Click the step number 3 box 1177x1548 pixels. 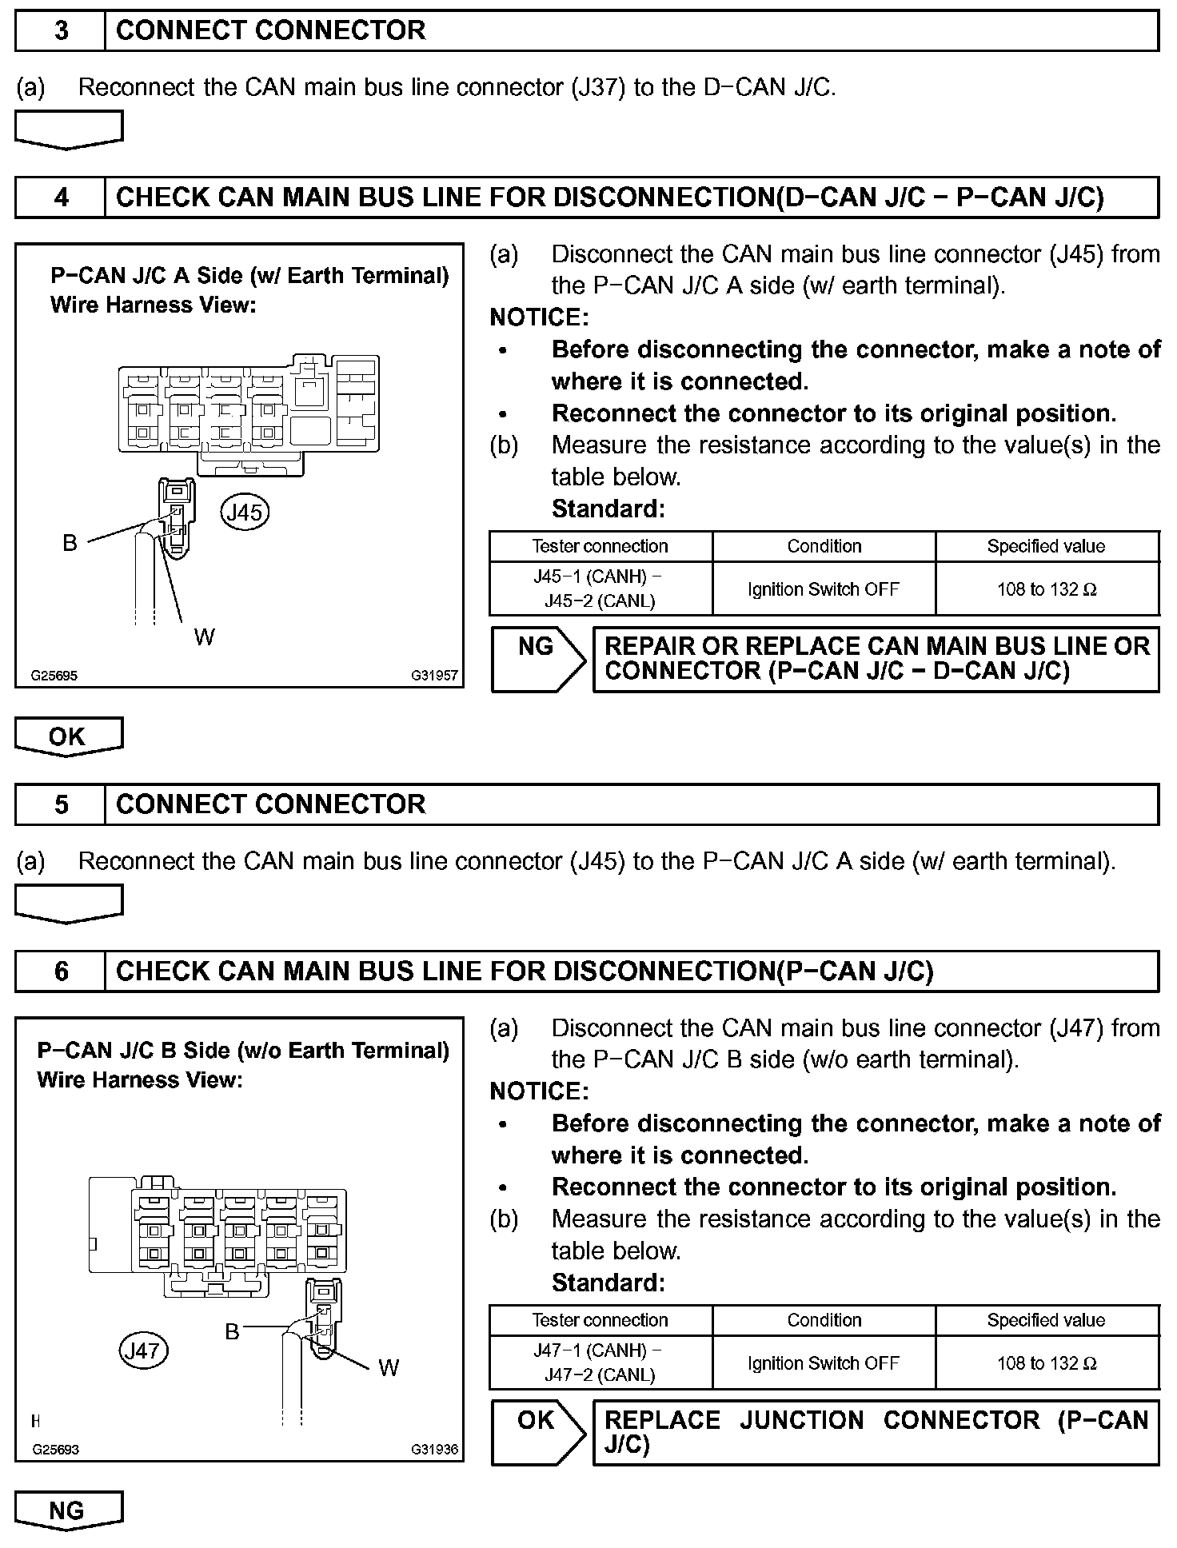[x=61, y=31]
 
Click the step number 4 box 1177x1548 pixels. [x=61, y=197]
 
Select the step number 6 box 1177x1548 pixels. [x=61, y=971]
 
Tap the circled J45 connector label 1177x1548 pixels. [x=245, y=512]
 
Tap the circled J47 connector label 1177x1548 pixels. [x=143, y=1351]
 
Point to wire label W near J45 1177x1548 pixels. [x=204, y=636]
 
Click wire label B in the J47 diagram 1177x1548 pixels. [x=232, y=1331]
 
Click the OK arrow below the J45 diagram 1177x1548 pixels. [x=68, y=736]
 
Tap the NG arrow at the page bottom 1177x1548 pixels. [x=68, y=1510]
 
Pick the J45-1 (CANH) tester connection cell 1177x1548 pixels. [x=600, y=588]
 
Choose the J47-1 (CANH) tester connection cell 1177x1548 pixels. [x=600, y=1362]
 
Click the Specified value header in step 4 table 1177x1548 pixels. [x=1046, y=546]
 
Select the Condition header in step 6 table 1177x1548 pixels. [x=824, y=1320]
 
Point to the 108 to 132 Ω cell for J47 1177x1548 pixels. [x=1046, y=1363]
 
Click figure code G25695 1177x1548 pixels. [x=54, y=676]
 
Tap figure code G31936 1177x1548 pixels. [x=435, y=1449]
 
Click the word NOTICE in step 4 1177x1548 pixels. [x=539, y=317]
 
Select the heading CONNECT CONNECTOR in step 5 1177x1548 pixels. [x=270, y=804]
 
